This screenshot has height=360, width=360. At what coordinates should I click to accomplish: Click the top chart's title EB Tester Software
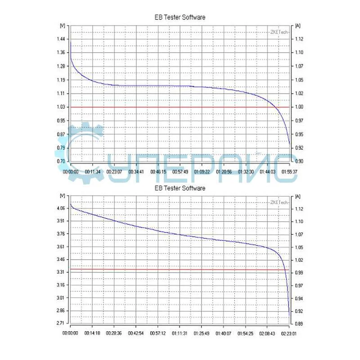point(180,17)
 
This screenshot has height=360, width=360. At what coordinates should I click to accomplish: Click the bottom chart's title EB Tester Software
point(180,188)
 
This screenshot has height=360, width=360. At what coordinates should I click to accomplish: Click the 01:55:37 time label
point(289,172)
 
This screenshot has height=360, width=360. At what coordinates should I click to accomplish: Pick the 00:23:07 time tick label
point(114,172)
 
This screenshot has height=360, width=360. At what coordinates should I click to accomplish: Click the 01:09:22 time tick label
point(202,172)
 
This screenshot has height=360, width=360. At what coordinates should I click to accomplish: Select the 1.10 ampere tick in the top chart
point(299,53)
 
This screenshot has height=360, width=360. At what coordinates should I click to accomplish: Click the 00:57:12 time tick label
point(158,334)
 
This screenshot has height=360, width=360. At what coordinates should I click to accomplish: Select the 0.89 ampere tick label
point(299,324)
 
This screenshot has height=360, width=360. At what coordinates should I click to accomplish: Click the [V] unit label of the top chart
point(62,26)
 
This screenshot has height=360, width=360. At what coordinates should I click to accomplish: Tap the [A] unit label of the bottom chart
point(298,196)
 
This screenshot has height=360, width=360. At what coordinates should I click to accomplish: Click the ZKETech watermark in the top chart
point(279,32)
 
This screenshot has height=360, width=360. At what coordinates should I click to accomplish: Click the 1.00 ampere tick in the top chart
point(299,107)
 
